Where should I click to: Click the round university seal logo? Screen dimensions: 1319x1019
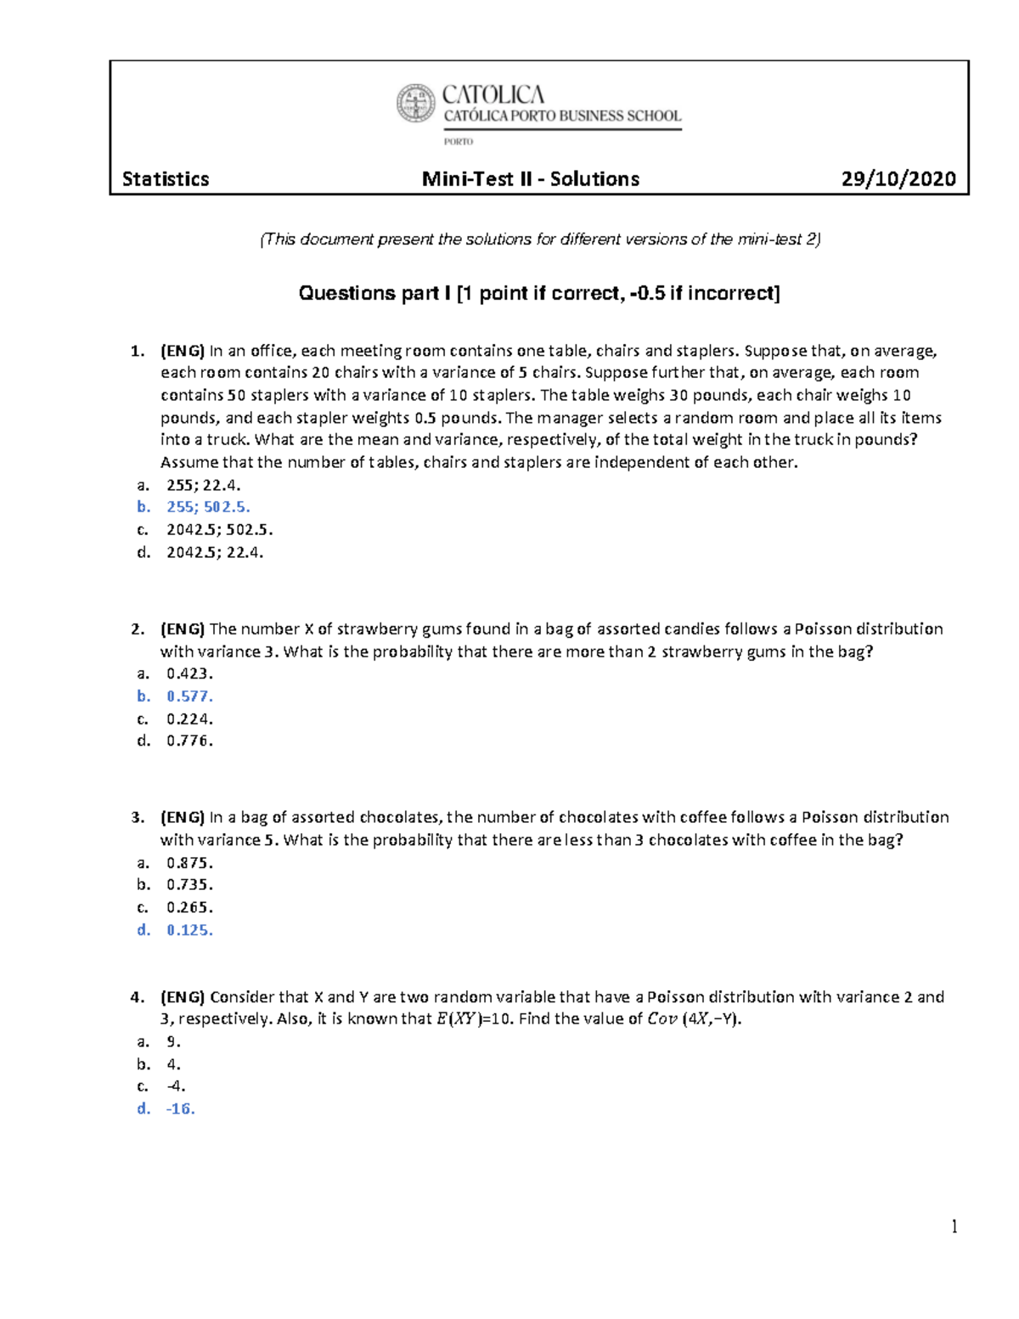(415, 104)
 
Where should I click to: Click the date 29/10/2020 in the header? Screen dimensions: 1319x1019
(898, 179)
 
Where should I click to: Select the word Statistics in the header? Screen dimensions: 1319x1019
(166, 179)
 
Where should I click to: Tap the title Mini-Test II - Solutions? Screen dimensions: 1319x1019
(531, 179)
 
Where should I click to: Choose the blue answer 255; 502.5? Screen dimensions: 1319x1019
(208, 507)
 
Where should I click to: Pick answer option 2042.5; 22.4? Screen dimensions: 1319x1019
(215, 552)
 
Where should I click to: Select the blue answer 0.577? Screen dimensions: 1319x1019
(189, 696)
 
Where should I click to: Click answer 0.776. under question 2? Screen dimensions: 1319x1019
(189, 741)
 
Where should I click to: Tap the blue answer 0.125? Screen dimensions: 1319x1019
(189, 930)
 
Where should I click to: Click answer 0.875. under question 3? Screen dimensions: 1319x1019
(189, 863)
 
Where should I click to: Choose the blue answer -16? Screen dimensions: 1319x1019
(180, 1108)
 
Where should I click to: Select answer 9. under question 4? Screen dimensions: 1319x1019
(173, 1041)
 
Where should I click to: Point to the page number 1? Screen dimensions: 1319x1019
(954, 1226)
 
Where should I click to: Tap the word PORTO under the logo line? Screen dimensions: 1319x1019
(459, 142)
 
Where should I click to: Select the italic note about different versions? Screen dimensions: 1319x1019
(540, 240)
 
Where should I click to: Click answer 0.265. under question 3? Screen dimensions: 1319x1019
(189, 907)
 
